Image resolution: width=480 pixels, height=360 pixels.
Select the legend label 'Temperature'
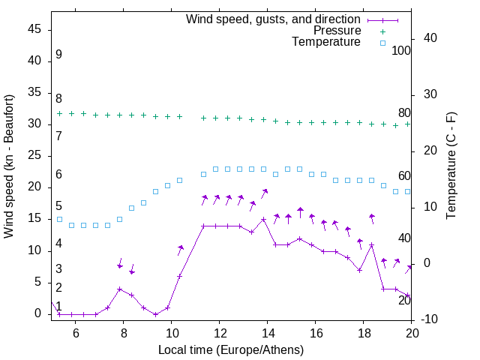click(326, 42)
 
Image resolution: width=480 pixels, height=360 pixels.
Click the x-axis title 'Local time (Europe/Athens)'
click(231, 349)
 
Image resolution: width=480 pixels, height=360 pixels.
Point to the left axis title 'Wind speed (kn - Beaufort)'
click(9, 166)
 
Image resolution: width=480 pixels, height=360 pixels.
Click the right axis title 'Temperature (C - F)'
click(451, 166)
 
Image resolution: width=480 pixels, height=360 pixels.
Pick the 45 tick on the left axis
click(34, 28)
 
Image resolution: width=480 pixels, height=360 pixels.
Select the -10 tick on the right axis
click(430, 319)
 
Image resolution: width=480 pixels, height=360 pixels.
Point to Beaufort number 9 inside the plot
click(58, 55)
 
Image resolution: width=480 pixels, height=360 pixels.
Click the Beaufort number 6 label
click(58, 175)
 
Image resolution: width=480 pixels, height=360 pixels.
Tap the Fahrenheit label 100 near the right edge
click(401, 51)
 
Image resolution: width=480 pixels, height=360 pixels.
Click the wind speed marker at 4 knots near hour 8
click(120, 289)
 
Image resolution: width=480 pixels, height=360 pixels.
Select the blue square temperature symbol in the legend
click(382, 43)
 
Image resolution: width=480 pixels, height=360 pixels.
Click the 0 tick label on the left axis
click(38, 314)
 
